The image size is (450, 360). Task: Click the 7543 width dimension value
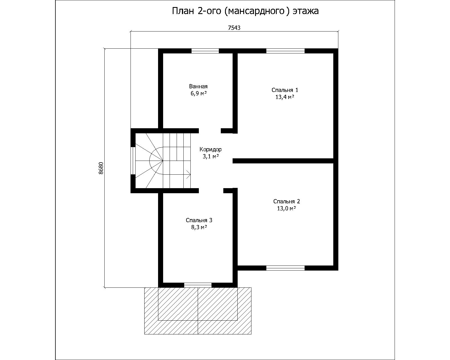pos(234,28)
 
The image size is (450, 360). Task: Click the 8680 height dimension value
pos(101,168)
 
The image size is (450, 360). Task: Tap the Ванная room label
pos(198,86)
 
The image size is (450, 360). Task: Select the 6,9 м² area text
pos(199,93)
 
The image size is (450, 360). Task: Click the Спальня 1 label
pos(285,90)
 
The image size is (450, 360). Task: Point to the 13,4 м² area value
pos(285,97)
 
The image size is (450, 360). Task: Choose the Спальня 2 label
pos(287,201)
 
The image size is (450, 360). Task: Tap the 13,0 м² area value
pos(287,208)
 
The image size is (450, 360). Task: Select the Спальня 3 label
pos(199,220)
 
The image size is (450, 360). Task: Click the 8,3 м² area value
pos(199,227)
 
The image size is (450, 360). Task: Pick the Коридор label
pos(210,149)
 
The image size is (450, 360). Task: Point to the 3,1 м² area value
pos(211,156)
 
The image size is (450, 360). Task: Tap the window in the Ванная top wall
pos(205,51)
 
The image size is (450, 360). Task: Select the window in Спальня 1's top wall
pos(285,51)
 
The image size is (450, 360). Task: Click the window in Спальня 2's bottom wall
pos(285,268)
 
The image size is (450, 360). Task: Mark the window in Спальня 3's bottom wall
pos(198,285)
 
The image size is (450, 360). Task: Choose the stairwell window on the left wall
pos(133,161)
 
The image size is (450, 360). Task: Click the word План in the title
pos(183,11)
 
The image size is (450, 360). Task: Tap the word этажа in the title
pos(305,11)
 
